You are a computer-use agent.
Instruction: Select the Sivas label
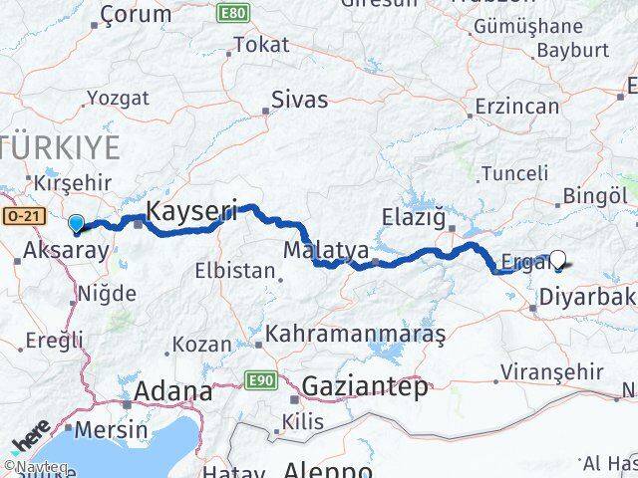pos(300,101)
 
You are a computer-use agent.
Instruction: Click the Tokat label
pos(261,45)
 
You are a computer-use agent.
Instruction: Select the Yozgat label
pos(118,98)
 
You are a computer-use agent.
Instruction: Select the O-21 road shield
pos(19,215)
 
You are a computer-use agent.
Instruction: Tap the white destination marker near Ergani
pos(558,261)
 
